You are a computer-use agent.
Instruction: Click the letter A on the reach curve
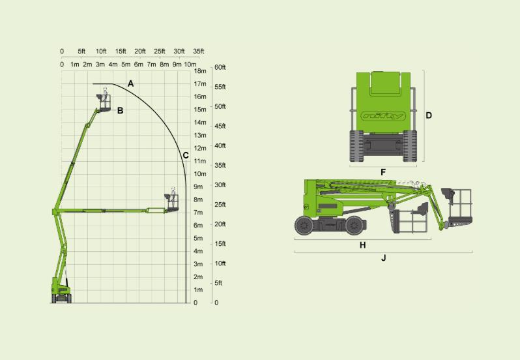click(x=131, y=83)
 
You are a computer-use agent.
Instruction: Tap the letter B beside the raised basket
click(x=120, y=110)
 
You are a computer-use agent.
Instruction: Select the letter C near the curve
click(x=186, y=155)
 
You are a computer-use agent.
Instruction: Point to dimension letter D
click(x=429, y=115)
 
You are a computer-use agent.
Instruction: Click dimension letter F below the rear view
click(x=383, y=172)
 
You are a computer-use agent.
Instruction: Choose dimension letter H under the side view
click(x=363, y=245)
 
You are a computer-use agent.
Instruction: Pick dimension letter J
click(x=384, y=258)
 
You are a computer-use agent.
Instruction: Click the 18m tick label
click(x=200, y=70)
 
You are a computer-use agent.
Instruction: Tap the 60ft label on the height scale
click(x=220, y=67)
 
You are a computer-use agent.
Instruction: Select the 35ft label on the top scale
click(x=198, y=51)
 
